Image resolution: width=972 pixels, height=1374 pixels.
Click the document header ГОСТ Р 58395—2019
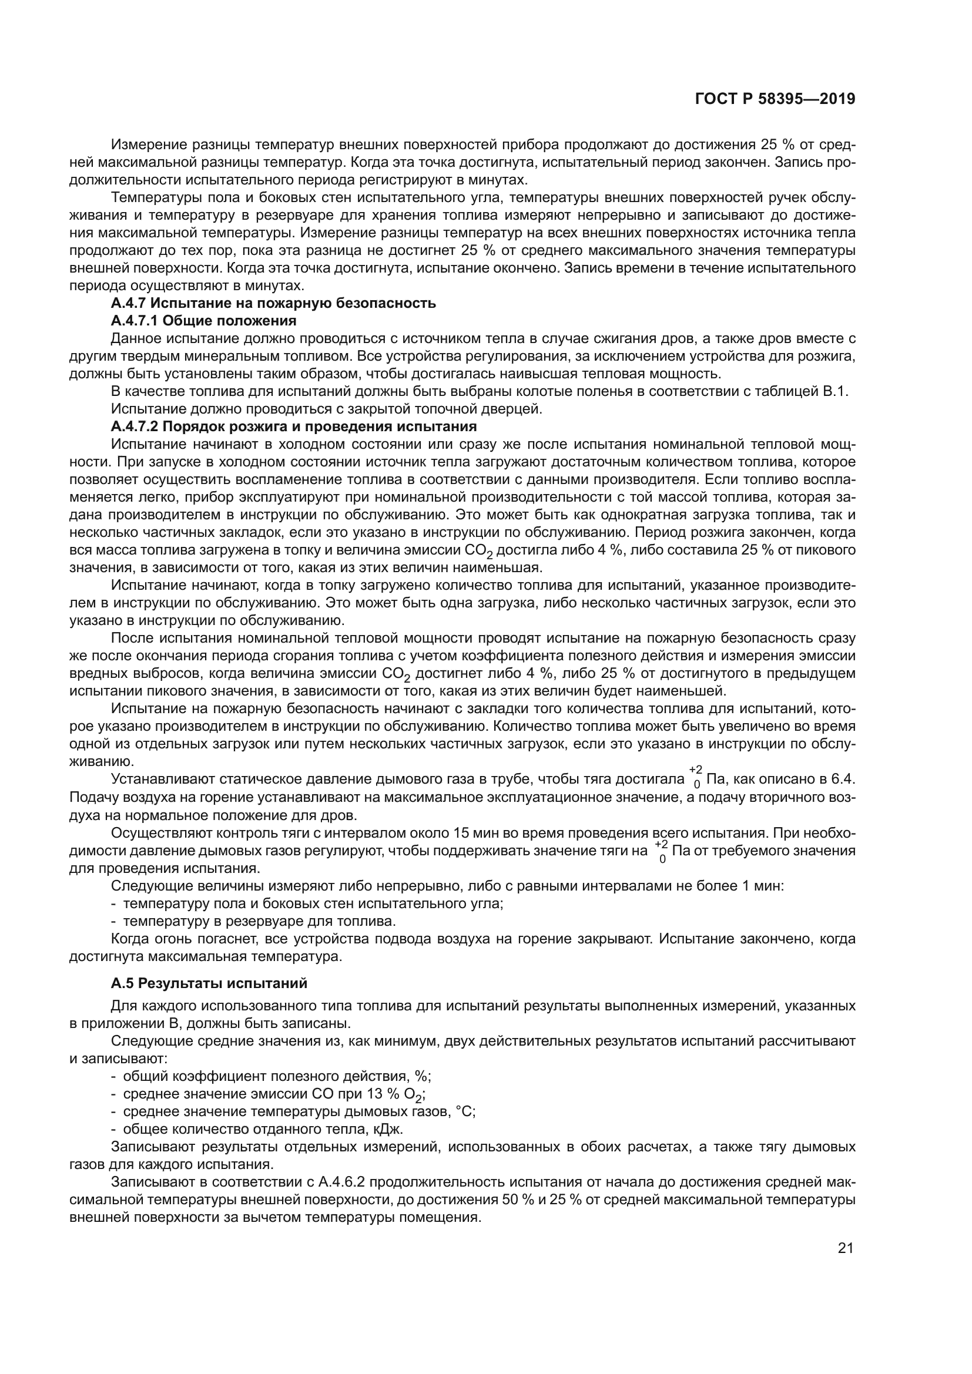(x=775, y=99)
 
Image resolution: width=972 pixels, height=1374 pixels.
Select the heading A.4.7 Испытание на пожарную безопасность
(x=273, y=303)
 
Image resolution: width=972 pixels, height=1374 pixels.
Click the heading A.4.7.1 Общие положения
(x=203, y=321)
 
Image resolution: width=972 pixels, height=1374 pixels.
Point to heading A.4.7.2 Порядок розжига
(x=293, y=426)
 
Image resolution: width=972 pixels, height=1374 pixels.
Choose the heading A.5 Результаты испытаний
(x=209, y=983)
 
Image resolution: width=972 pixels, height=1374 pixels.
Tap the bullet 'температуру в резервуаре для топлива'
(x=259, y=921)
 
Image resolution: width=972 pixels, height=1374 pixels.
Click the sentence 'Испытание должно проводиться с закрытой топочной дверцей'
(x=326, y=409)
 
